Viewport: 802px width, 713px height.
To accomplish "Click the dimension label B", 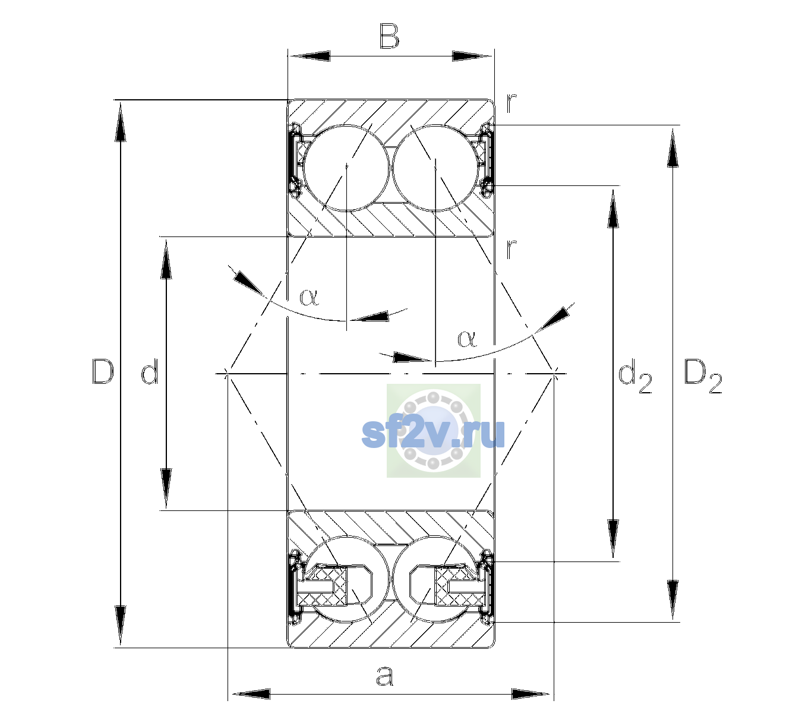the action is tap(390, 36).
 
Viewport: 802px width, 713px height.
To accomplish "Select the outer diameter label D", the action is tap(103, 371).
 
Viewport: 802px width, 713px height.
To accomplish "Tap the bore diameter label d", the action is tap(150, 371).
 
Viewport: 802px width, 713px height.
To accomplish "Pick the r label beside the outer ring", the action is tap(511, 103).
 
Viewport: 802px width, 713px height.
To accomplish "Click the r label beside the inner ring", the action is tap(511, 248).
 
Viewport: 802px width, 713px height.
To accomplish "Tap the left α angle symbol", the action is tap(309, 297).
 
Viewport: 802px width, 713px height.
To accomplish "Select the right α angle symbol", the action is tap(468, 339).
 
